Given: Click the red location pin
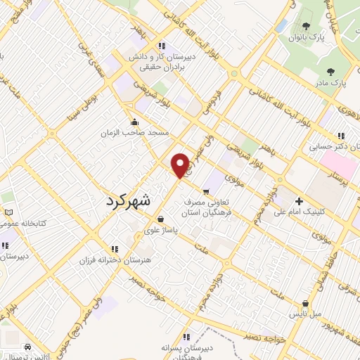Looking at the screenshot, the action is [181, 165].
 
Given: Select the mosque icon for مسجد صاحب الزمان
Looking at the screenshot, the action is [134, 122].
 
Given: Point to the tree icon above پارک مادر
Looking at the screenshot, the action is [330, 72].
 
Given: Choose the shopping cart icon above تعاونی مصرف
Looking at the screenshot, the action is [206, 191].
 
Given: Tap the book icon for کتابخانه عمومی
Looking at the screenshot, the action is [8, 212].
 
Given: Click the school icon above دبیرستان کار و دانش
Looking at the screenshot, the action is [162, 46].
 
